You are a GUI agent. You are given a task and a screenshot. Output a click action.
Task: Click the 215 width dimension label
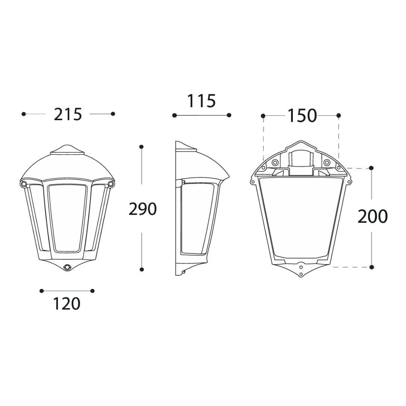[68, 114]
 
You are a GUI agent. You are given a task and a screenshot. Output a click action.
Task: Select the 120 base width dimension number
[67, 303]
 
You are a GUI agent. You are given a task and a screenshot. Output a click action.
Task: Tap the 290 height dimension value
[142, 209]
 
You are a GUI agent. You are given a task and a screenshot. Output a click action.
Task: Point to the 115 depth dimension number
[201, 101]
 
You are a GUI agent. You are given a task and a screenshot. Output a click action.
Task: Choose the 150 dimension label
[302, 116]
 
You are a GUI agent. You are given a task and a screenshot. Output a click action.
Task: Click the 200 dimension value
[372, 216]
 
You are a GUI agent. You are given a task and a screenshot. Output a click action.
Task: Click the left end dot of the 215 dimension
[24, 114]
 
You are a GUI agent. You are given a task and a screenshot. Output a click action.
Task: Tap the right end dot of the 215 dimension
[113, 114]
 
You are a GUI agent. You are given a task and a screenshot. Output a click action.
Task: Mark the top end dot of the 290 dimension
[141, 146]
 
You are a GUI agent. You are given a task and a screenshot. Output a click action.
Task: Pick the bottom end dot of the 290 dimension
[142, 269]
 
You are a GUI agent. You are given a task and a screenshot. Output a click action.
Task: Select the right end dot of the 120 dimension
[92, 291]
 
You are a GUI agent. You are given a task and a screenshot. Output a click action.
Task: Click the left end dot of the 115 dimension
[174, 115]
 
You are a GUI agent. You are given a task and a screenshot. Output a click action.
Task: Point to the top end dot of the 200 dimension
[371, 168]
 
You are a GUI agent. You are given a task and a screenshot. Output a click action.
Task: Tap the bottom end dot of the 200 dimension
[371, 267]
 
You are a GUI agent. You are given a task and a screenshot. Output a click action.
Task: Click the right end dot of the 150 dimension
[339, 115]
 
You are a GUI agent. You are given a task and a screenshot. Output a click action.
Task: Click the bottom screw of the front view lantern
[68, 267]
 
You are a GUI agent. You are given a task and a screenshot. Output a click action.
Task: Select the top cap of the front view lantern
[67, 150]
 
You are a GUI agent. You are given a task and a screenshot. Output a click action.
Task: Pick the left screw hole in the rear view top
[275, 162]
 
